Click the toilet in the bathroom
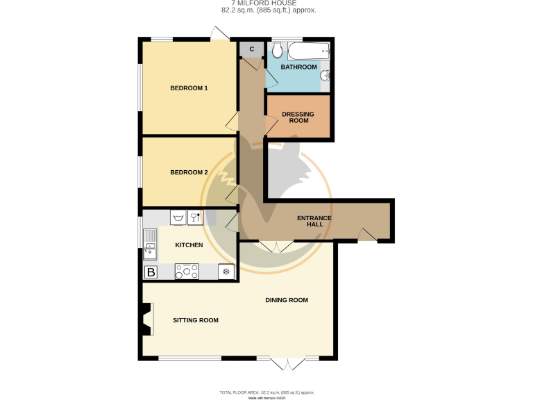tap(278, 50)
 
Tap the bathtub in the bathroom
tap(308, 50)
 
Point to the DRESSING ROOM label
tap(297, 117)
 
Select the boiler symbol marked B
tap(150, 272)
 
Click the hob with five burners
tap(187, 272)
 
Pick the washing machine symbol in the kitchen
tap(178, 217)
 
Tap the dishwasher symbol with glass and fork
tap(196, 217)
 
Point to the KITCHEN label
tap(189, 245)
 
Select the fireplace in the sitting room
tap(146, 320)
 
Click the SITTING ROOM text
tap(196, 320)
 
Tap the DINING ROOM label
tap(286, 300)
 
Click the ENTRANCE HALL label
tap(314, 222)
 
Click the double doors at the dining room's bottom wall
tap(287, 362)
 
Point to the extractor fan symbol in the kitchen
tap(226, 272)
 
